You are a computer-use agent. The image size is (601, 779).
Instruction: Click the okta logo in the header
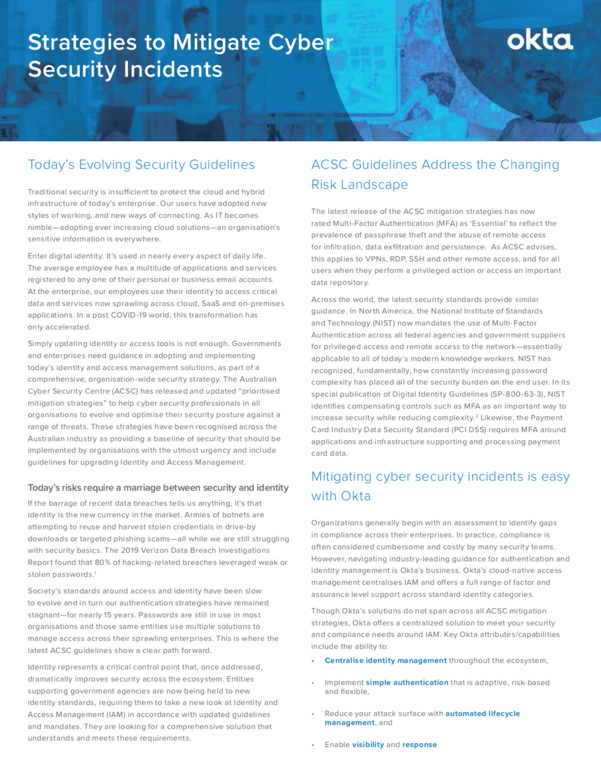pos(540,41)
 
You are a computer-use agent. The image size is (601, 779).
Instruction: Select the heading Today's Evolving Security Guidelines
pos(141,165)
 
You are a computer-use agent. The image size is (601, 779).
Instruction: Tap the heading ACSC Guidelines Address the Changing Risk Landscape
pos(435,174)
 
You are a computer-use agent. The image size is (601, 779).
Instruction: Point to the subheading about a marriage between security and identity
pos(158,488)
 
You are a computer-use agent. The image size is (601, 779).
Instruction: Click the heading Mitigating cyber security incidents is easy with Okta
pos(440,486)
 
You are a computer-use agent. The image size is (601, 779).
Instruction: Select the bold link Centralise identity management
pos(385,661)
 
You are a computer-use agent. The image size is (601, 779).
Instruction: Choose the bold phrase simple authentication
pos(407,683)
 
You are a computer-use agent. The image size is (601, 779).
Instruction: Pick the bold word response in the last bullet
pos(419,745)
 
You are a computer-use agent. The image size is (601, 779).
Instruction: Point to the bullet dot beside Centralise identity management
pos(313,661)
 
